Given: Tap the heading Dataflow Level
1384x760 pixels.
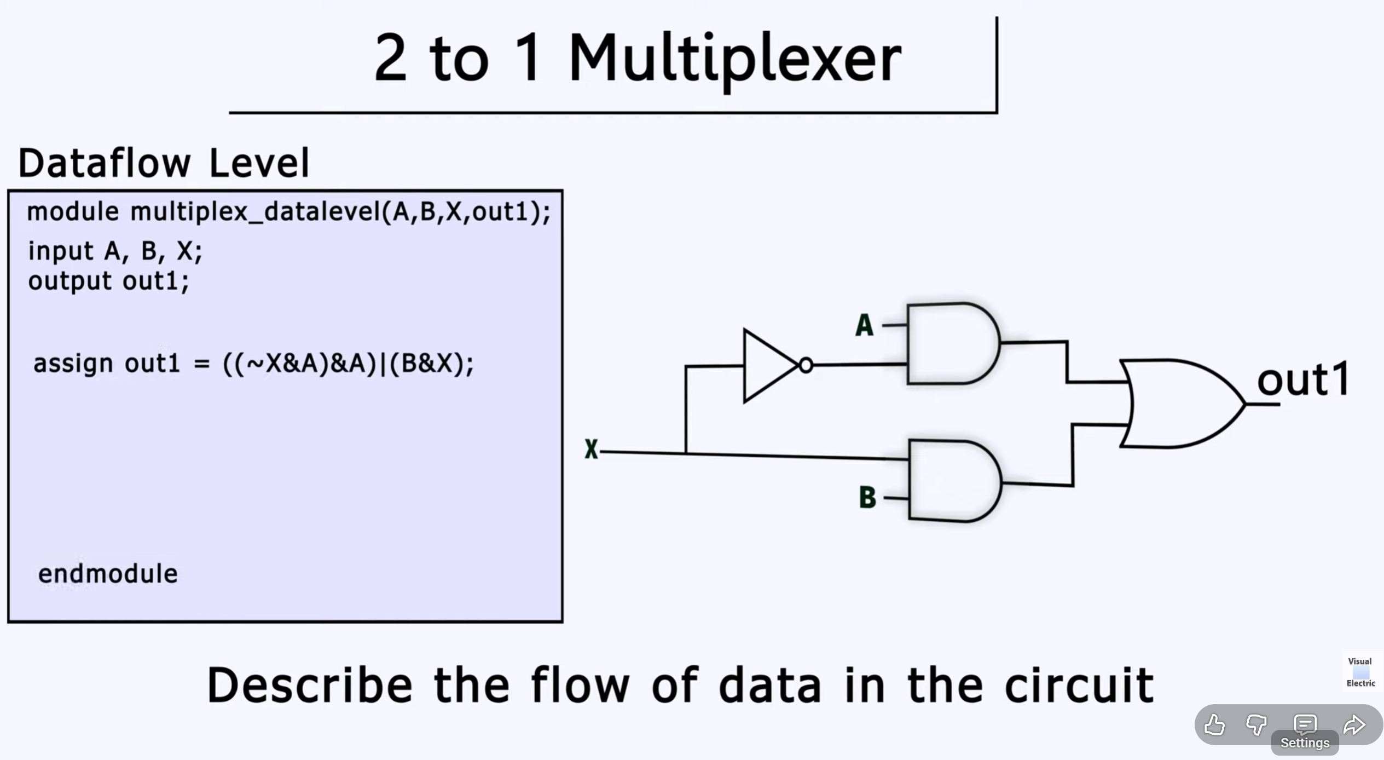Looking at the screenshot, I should coord(164,163).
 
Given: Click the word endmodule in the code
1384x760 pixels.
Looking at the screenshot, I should coord(108,574).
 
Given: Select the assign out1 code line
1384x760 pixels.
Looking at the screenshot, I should coord(253,364).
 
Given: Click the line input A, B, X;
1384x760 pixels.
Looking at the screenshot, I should coord(115,251).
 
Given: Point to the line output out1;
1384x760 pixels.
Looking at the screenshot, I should coord(108,281).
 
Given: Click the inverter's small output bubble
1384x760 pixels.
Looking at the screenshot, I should coord(806,365).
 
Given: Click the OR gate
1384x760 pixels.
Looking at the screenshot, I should coord(1177,404).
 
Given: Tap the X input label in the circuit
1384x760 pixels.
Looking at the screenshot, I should coord(591,450).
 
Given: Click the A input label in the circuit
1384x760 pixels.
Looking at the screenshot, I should coord(864,325).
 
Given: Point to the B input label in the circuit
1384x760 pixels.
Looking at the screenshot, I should coord(867,497).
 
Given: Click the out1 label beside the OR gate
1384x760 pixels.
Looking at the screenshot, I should coord(1303,379).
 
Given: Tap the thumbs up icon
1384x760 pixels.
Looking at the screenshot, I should coord(1214,725).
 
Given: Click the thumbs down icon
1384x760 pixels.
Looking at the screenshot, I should coord(1256,725).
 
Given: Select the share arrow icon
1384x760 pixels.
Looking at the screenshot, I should coord(1354,725).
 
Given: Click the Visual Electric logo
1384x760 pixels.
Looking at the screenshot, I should coord(1361,672).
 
